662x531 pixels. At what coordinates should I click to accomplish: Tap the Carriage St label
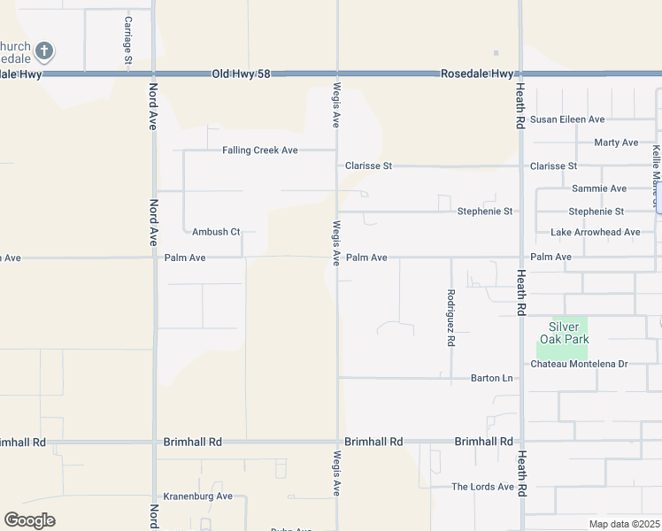tap(128, 42)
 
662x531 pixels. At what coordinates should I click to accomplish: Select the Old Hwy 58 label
tap(241, 74)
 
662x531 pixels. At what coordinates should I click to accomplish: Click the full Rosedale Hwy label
tap(477, 74)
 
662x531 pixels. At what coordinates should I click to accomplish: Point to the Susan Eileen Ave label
tap(567, 119)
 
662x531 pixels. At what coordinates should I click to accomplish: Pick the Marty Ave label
tap(616, 142)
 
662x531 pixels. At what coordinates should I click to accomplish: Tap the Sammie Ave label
tap(599, 189)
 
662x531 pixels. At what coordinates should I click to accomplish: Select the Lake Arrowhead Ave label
tap(595, 233)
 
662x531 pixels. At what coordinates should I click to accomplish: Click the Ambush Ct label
tap(216, 232)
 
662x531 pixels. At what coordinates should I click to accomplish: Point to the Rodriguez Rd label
tap(451, 317)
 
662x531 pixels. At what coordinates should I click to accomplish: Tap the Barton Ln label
tap(491, 379)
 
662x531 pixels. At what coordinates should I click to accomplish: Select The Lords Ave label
tap(482, 487)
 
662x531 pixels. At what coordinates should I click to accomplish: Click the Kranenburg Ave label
tap(198, 496)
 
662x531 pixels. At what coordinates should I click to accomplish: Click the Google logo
tap(29, 520)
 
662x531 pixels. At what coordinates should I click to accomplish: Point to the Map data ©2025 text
tap(623, 524)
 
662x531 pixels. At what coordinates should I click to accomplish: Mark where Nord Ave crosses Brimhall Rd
tap(155, 442)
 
